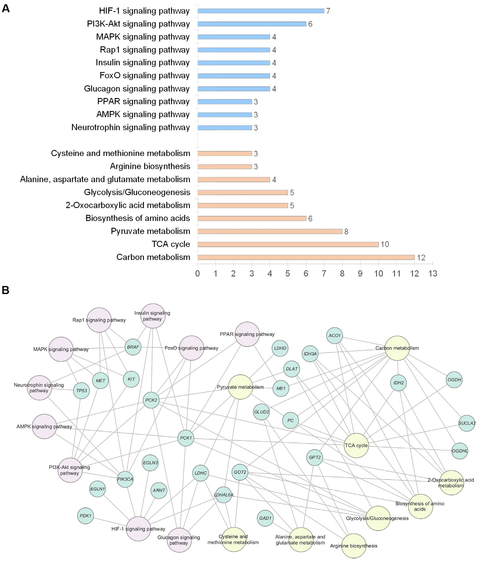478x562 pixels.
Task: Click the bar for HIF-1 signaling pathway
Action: click(261, 11)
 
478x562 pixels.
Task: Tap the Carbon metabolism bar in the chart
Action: click(306, 257)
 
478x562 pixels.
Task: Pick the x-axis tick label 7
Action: click(324, 274)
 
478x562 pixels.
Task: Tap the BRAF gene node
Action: click(133, 347)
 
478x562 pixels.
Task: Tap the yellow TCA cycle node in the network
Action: click(356, 445)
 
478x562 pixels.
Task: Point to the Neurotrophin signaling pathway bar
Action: click(225, 128)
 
